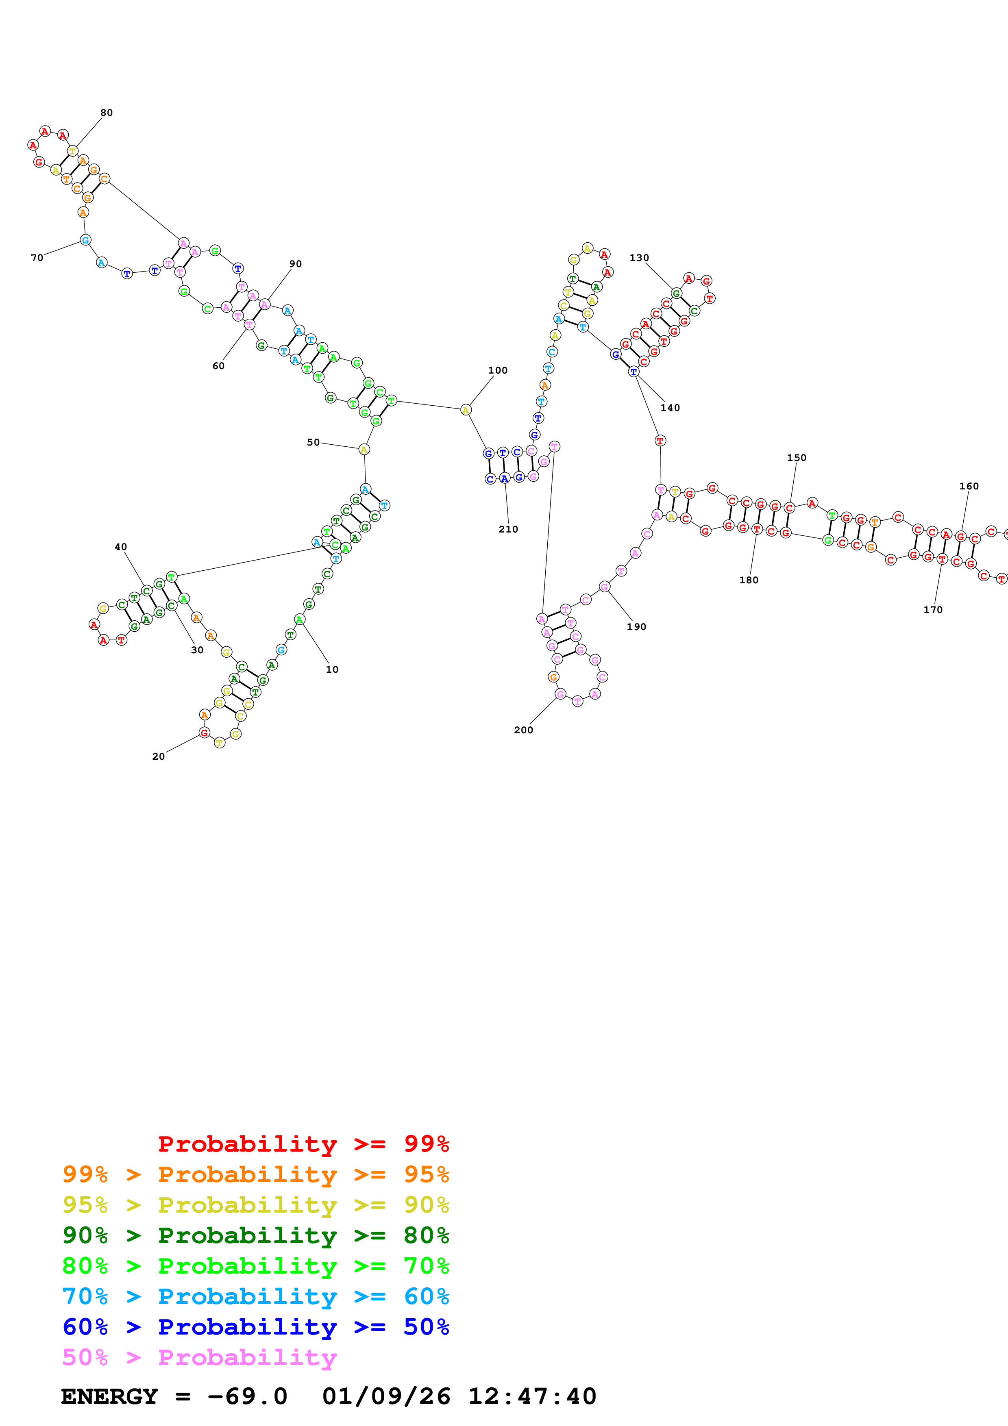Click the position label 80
106,113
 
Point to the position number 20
158,756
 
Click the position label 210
507,529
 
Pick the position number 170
932,610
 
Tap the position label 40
120,547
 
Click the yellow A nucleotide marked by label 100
465,410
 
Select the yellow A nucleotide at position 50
364,449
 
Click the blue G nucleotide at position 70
86,240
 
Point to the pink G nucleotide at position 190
604,586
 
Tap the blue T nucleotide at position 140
633,372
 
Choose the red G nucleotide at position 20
204,733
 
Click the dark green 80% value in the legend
426,1235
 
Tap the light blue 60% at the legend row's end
426,1296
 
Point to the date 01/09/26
386,1396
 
